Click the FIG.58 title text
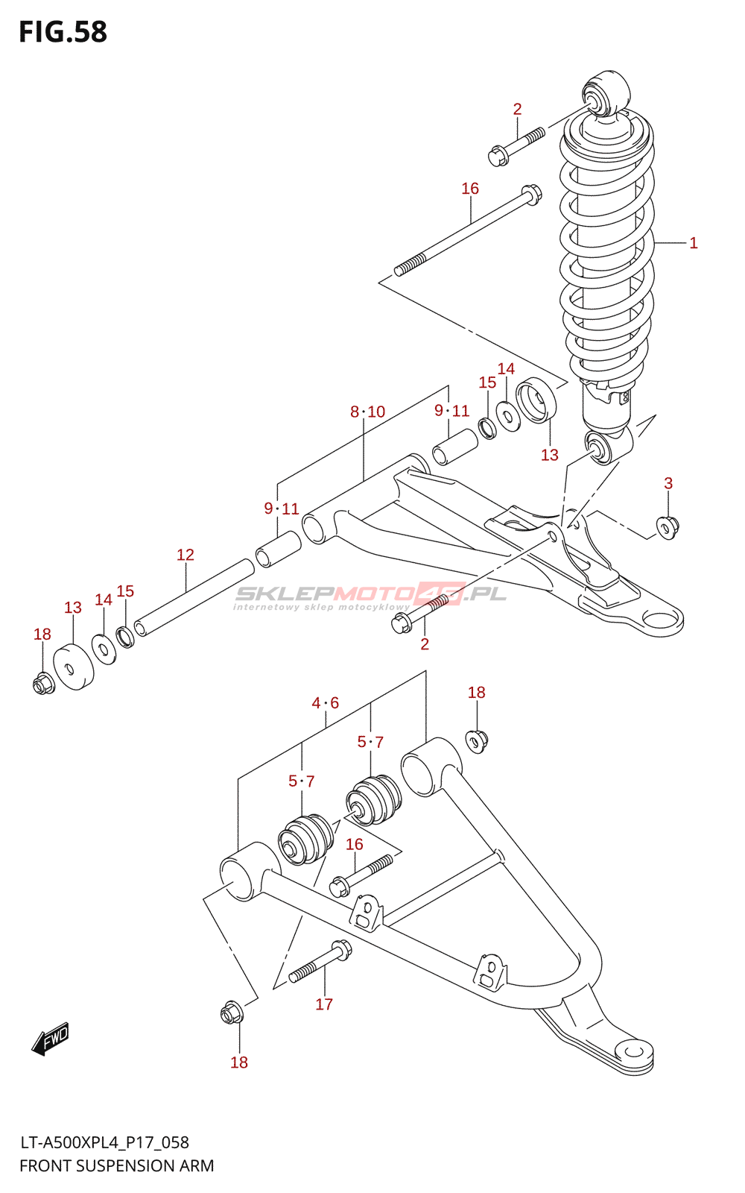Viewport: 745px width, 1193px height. point(63,32)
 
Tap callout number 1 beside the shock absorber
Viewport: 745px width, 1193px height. point(693,243)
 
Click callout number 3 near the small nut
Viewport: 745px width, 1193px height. point(668,483)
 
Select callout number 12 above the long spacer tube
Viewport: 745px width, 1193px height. point(186,555)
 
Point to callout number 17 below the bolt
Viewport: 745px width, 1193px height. point(324,1004)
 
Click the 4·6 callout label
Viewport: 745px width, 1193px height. point(326,703)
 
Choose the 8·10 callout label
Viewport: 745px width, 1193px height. point(368,412)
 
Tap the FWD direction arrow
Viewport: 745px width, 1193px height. point(51,1038)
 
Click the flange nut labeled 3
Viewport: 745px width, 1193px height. point(668,527)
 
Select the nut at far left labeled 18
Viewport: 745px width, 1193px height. point(43,682)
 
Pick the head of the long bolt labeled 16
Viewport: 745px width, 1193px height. point(530,193)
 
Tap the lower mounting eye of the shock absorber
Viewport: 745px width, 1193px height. point(598,448)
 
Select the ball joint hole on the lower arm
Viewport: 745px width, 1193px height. point(633,1051)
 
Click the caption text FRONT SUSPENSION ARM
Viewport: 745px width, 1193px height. point(116,1165)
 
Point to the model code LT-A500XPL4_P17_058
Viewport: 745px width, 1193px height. point(104,1142)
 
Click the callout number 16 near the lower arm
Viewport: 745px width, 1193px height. point(355,844)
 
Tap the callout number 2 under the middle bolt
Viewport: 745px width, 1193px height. point(425,644)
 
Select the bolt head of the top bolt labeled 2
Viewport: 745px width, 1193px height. point(498,157)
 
